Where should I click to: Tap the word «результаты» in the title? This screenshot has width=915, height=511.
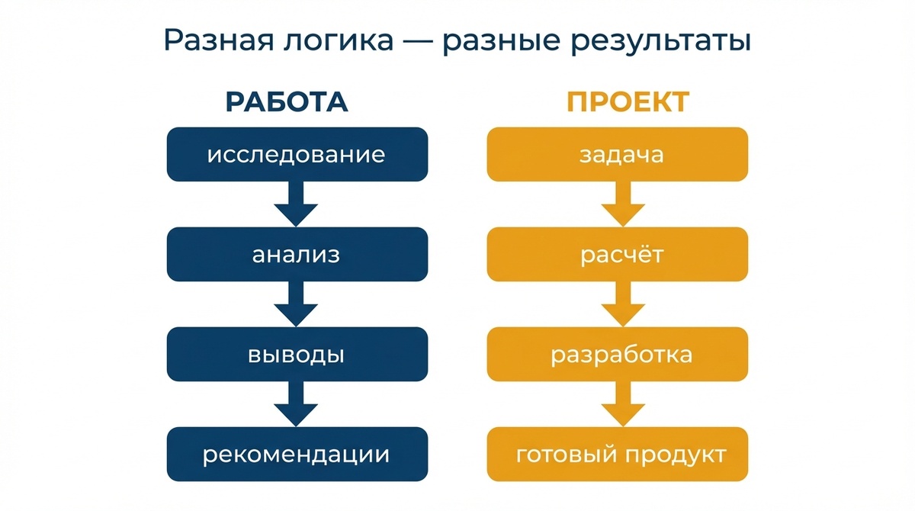coord(651,41)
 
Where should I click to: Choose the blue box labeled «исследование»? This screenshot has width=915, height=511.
coord(296,155)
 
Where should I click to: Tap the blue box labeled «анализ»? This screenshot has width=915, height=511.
coord(296,255)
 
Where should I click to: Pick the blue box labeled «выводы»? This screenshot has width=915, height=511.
coord(296,355)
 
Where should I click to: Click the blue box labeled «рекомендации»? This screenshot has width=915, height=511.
coord(296,455)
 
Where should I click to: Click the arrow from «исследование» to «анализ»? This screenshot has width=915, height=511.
coord(296,204)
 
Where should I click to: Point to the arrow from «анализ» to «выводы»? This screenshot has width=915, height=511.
coord(296,304)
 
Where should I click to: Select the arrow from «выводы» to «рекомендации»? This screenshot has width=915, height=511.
coord(296,404)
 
